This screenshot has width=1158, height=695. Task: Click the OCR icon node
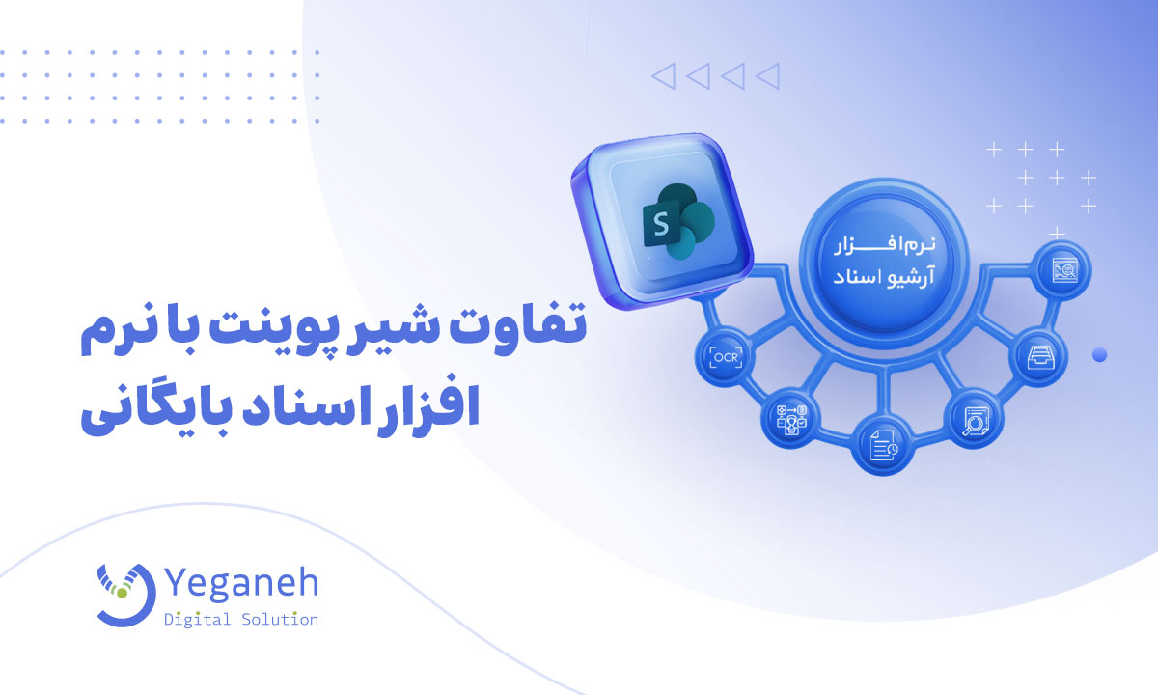point(726,357)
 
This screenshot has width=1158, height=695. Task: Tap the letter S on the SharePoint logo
point(661,224)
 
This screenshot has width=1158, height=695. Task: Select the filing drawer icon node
point(1039,357)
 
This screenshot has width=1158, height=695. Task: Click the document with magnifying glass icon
point(975,421)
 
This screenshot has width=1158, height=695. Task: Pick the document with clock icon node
point(884,445)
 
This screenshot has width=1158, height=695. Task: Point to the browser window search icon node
point(1063,270)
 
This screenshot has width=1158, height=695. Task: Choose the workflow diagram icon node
point(791,419)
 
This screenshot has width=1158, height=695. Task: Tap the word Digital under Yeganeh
point(197,619)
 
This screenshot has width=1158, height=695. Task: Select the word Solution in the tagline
point(280,619)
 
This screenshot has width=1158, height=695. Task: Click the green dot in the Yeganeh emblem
point(122,593)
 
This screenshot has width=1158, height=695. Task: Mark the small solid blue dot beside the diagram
point(1099,355)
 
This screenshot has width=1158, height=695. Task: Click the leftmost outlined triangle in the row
point(665,76)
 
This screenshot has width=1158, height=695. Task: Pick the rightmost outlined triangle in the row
point(769,76)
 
